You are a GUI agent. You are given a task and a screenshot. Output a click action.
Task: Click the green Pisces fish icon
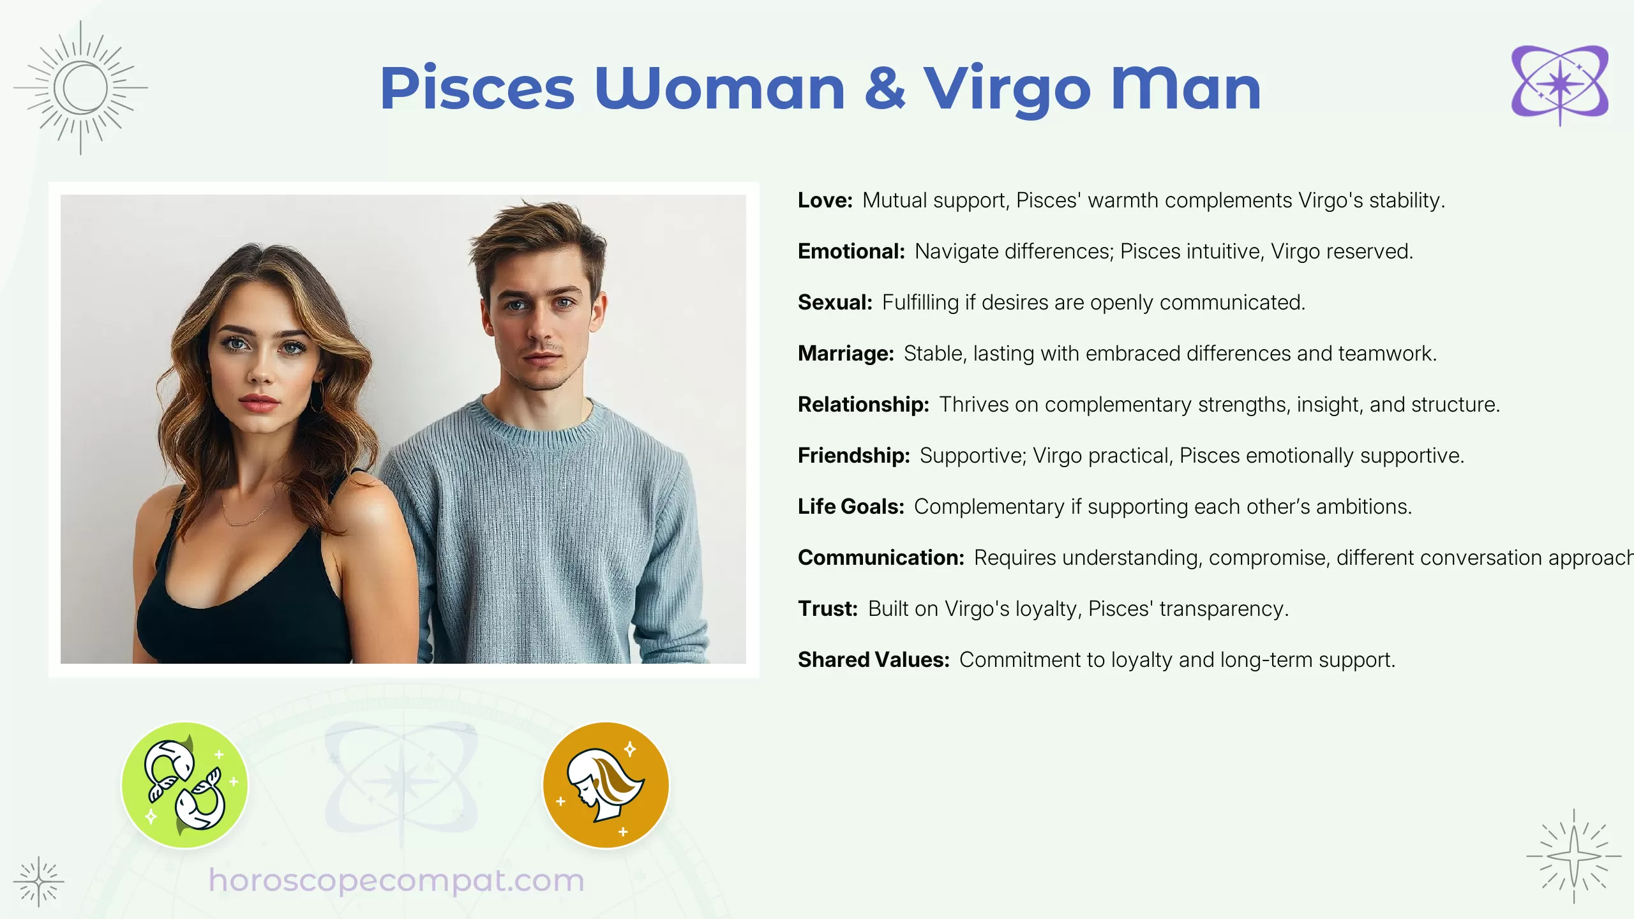click(184, 784)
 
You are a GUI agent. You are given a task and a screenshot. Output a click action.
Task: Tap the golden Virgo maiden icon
click(606, 784)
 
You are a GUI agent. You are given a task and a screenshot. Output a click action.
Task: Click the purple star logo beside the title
click(1559, 85)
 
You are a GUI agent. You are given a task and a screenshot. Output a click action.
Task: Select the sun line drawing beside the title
click(81, 87)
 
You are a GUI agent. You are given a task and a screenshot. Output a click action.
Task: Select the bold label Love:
click(825, 200)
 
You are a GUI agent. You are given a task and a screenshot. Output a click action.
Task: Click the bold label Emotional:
click(851, 251)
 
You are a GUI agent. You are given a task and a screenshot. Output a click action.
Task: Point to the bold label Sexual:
click(835, 303)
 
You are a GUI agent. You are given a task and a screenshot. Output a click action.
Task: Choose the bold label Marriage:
click(846, 354)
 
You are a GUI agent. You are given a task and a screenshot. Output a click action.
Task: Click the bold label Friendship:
click(853, 456)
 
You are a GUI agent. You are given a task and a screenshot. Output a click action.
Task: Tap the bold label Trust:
click(827, 609)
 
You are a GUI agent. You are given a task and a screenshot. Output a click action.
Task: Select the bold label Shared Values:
click(873, 660)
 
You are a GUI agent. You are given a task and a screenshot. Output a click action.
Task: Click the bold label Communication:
click(881, 558)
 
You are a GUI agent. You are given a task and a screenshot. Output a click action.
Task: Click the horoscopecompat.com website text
click(396, 881)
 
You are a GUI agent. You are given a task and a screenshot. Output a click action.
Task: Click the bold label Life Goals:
click(851, 507)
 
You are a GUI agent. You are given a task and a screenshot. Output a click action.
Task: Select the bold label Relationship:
click(863, 405)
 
